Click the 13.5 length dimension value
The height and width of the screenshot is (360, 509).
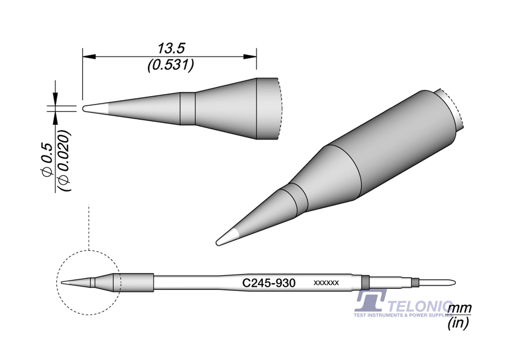[x=171, y=49]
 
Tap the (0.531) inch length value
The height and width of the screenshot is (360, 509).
[x=171, y=65]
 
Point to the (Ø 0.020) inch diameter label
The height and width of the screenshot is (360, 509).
[x=64, y=161]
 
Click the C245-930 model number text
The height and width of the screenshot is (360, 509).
[x=269, y=283]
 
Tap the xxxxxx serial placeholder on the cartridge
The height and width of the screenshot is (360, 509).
[x=326, y=283]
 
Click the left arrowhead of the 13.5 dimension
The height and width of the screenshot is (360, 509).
[x=89, y=57]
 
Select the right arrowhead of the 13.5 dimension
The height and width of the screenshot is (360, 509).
[x=250, y=57]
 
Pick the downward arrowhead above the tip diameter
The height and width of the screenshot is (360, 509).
[x=55, y=100]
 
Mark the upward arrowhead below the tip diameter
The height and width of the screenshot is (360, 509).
[x=55, y=118]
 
